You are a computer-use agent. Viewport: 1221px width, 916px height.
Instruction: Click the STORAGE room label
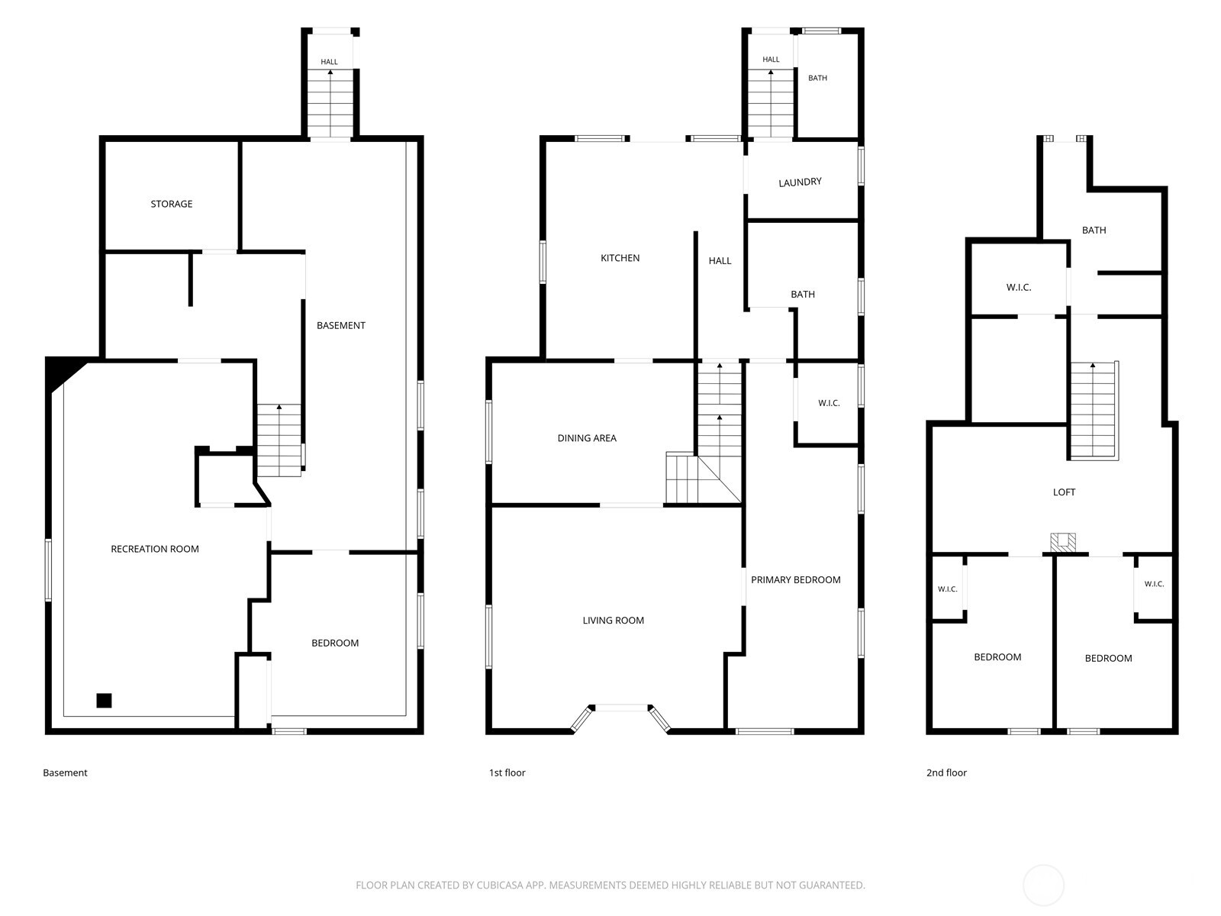tap(172, 204)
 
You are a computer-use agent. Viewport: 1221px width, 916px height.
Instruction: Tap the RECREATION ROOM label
tap(155, 549)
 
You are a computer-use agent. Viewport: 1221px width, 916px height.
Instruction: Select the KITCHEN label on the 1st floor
tap(620, 258)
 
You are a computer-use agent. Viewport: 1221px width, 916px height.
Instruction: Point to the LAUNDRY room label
tap(800, 182)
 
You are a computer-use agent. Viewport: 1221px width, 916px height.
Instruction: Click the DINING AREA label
tap(587, 438)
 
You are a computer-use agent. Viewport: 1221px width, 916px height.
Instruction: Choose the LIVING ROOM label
tap(613, 620)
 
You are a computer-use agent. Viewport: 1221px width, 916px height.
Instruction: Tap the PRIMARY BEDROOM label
tap(795, 579)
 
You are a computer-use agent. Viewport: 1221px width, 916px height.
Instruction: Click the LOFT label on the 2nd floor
tap(1064, 492)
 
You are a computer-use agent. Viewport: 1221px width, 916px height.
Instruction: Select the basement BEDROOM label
tap(335, 643)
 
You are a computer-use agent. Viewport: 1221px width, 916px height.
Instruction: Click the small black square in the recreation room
tap(104, 700)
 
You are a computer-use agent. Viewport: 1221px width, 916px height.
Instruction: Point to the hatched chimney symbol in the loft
tap(1062, 542)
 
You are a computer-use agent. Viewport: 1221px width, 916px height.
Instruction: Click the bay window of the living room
tap(620, 708)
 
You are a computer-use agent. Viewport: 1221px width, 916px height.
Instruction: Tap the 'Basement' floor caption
tap(65, 772)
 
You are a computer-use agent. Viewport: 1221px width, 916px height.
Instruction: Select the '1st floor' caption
tap(507, 772)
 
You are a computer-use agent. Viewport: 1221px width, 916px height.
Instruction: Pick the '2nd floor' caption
tap(946, 772)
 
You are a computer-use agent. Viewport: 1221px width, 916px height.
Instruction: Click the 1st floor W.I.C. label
tap(829, 403)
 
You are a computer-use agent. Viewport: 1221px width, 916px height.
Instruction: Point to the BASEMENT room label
tap(341, 325)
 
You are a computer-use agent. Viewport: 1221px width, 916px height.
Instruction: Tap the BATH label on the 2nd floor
tap(1094, 231)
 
